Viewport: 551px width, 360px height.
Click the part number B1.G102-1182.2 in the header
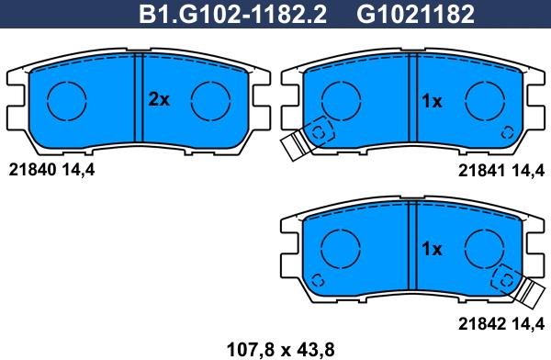[x=232, y=15]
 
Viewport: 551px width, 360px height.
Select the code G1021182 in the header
[x=415, y=15]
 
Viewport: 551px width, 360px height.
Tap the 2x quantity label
[x=159, y=99]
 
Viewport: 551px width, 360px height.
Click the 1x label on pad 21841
[x=432, y=101]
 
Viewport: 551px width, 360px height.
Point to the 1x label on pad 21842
[x=432, y=249]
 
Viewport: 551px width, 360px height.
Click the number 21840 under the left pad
[x=32, y=170]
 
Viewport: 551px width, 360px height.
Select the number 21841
[x=482, y=171]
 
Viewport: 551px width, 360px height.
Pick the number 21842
[x=482, y=323]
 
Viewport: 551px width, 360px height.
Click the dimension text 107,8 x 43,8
[x=280, y=350]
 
